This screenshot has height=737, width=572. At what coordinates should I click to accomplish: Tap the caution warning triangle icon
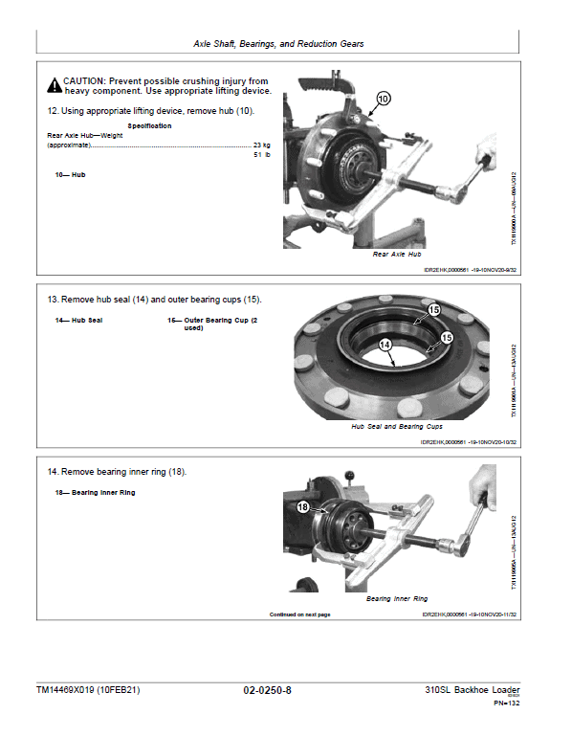click(x=55, y=82)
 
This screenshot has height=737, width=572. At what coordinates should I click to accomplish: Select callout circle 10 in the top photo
click(x=383, y=99)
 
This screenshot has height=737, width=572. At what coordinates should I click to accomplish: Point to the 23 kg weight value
click(x=261, y=145)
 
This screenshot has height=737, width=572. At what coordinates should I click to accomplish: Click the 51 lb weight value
click(x=261, y=154)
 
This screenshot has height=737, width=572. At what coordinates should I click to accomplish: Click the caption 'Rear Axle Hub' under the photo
click(x=396, y=255)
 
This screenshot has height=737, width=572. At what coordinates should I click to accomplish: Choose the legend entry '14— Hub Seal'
click(x=79, y=319)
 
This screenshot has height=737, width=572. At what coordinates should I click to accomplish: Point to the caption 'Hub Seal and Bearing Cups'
click(x=396, y=426)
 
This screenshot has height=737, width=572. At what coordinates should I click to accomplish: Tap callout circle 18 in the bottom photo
click(x=303, y=507)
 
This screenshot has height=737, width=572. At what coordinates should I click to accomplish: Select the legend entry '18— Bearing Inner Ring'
click(x=96, y=492)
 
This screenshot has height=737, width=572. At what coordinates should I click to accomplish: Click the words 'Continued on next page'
click(x=299, y=614)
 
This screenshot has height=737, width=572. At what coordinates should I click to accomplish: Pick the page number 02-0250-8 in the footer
click(x=267, y=690)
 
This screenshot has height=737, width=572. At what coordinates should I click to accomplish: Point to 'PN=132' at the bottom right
click(x=506, y=703)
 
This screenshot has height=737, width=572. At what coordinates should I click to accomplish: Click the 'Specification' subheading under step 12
click(x=150, y=125)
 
